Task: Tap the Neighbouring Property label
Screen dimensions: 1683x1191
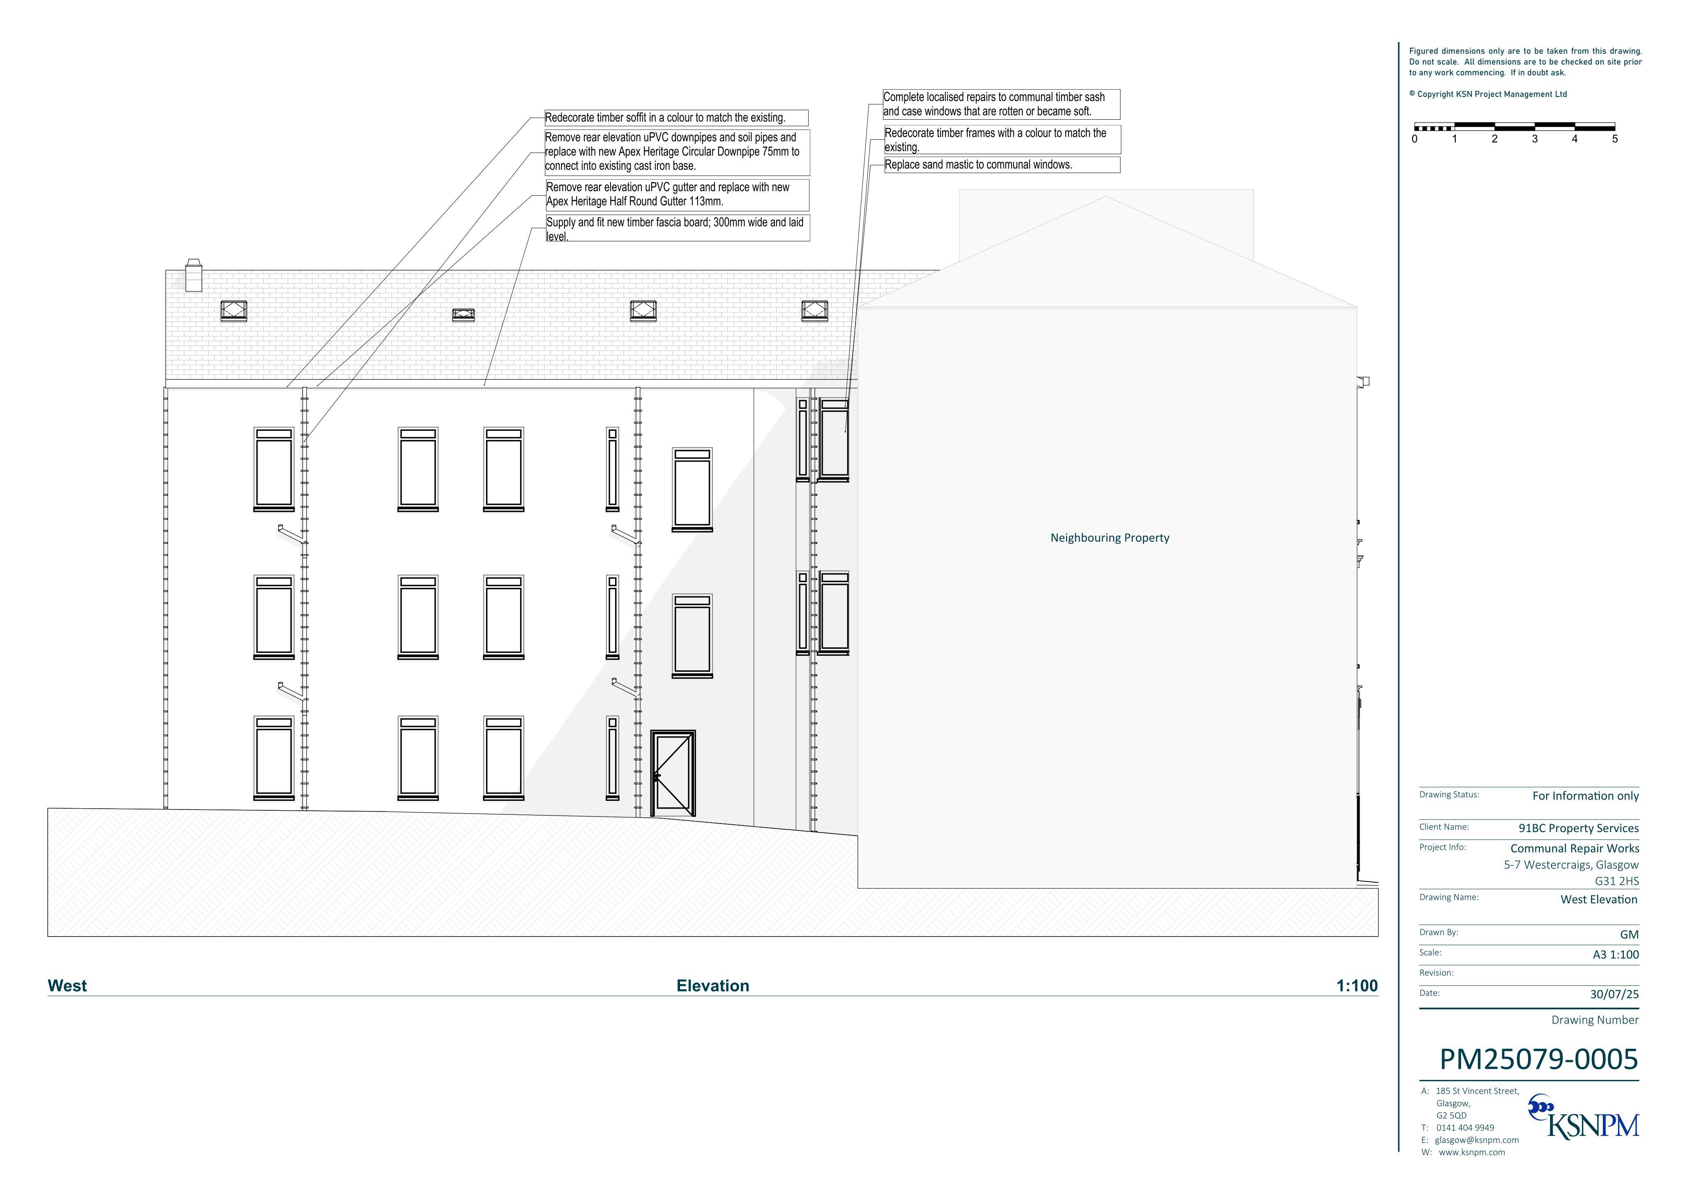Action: coord(1110,538)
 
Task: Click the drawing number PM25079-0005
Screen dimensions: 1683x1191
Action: coord(1539,1059)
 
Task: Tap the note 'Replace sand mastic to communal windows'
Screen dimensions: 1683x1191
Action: coord(1001,165)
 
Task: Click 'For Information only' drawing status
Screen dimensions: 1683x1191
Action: coord(1586,796)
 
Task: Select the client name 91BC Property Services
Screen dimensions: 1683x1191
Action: coord(1578,828)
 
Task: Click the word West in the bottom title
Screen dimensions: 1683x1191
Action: coord(67,986)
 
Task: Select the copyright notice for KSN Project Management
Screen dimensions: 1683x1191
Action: coord(1487,94)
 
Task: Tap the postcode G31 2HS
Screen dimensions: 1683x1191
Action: coord(1616,881)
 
